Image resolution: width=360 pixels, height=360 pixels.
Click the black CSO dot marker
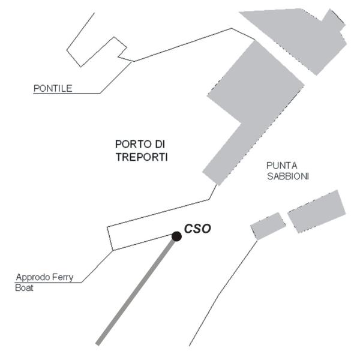click(x=176, y=236)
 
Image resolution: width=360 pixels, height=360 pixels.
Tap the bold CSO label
click(x=197, y=229)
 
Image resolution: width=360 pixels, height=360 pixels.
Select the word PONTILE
click(x=53, y=88)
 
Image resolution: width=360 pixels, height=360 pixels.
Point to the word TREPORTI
click(x=142, y=157)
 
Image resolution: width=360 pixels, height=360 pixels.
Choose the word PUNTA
click(x=282, y=166)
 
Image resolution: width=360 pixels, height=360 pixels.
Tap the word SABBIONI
click(x=288, y=176)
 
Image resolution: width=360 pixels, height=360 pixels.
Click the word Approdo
click(x=33, y=277)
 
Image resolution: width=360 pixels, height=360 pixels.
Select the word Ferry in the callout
click(x=62, y=277)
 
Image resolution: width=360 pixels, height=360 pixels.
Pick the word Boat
click(x=24, y=287)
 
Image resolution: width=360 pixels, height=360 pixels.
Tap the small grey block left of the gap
click(x=268, y=226)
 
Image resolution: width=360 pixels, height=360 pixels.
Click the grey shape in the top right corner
click(x=298, y=39)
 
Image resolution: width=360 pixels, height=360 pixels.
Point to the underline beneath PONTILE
click(x=67, y=94)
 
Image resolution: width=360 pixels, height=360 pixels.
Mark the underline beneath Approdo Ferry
click(x=48, y=283)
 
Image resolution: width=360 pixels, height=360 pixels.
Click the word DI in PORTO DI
click(x=160, y=144)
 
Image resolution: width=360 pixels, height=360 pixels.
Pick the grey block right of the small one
click(x=317, y=211)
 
